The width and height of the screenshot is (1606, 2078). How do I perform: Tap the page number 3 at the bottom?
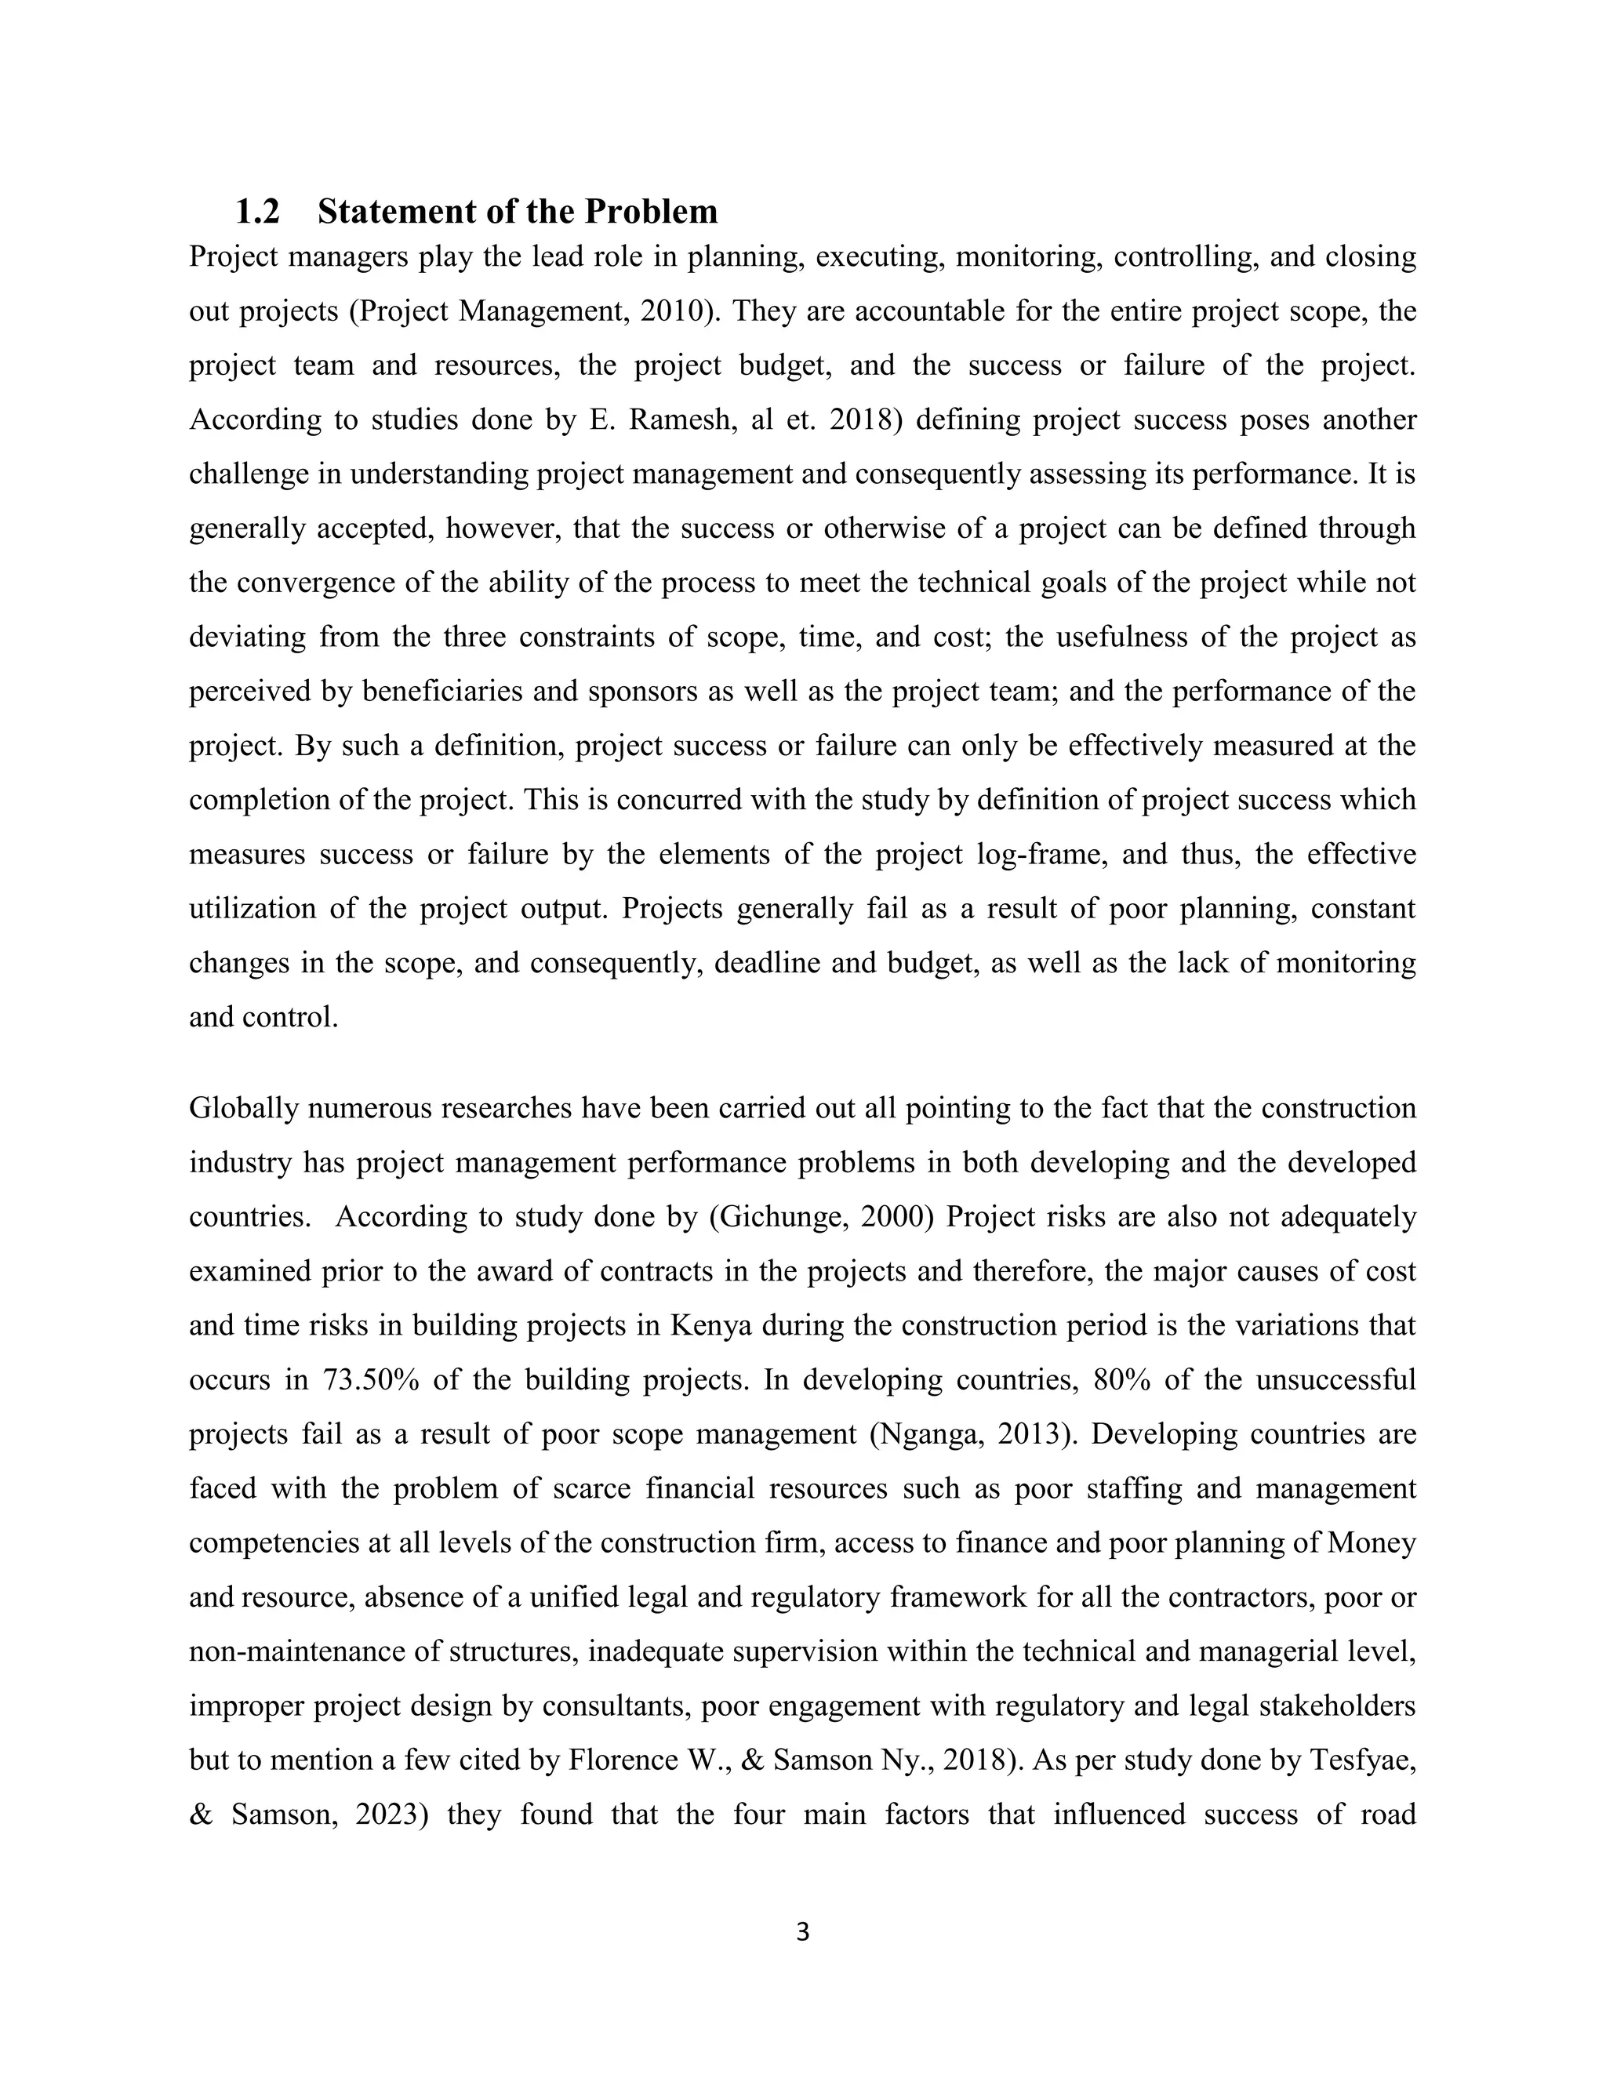click(x=802, y=1931)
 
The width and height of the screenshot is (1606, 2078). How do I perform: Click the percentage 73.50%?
click(x=372, y=1379)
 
